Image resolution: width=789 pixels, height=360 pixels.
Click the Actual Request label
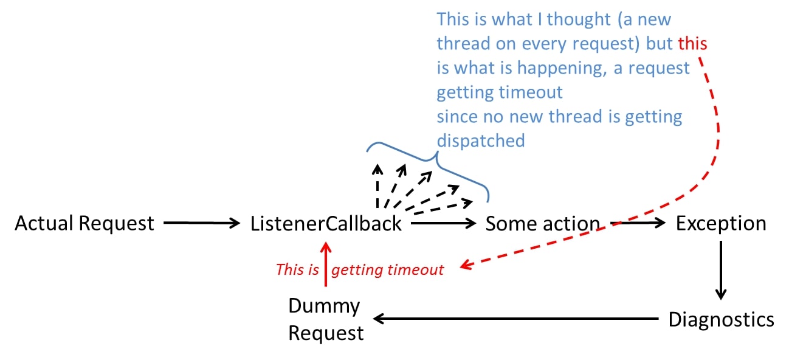tap(84, 223)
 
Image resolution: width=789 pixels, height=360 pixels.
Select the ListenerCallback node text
tap(326, 223)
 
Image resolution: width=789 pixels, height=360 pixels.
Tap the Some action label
tap(542, 223)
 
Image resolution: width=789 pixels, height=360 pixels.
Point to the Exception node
tap(721, 223)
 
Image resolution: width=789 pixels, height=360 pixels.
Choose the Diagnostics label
tap(721, 320)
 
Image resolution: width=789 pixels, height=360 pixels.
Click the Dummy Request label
tap(326, 319)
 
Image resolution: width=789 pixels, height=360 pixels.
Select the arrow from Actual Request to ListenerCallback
tap(202, 223)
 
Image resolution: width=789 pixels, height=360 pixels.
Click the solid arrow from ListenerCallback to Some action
tap(443, 223)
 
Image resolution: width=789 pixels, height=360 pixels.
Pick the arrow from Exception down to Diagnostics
tap(721, 270)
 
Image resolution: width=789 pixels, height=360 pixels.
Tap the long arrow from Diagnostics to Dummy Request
tap(516, 319)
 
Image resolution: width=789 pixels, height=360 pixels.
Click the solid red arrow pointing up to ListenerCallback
tap(326, 264)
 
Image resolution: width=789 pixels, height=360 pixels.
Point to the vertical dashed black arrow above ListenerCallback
tap(377, 186)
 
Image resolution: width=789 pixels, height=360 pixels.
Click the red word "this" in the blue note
tap(692, 44)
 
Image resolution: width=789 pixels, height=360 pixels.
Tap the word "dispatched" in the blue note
tap(481, 141)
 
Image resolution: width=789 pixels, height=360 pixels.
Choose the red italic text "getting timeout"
tap(387, 270)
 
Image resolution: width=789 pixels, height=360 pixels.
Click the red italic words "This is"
tap(297, 270)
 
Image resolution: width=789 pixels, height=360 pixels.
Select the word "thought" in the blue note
tap(578, 19)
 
